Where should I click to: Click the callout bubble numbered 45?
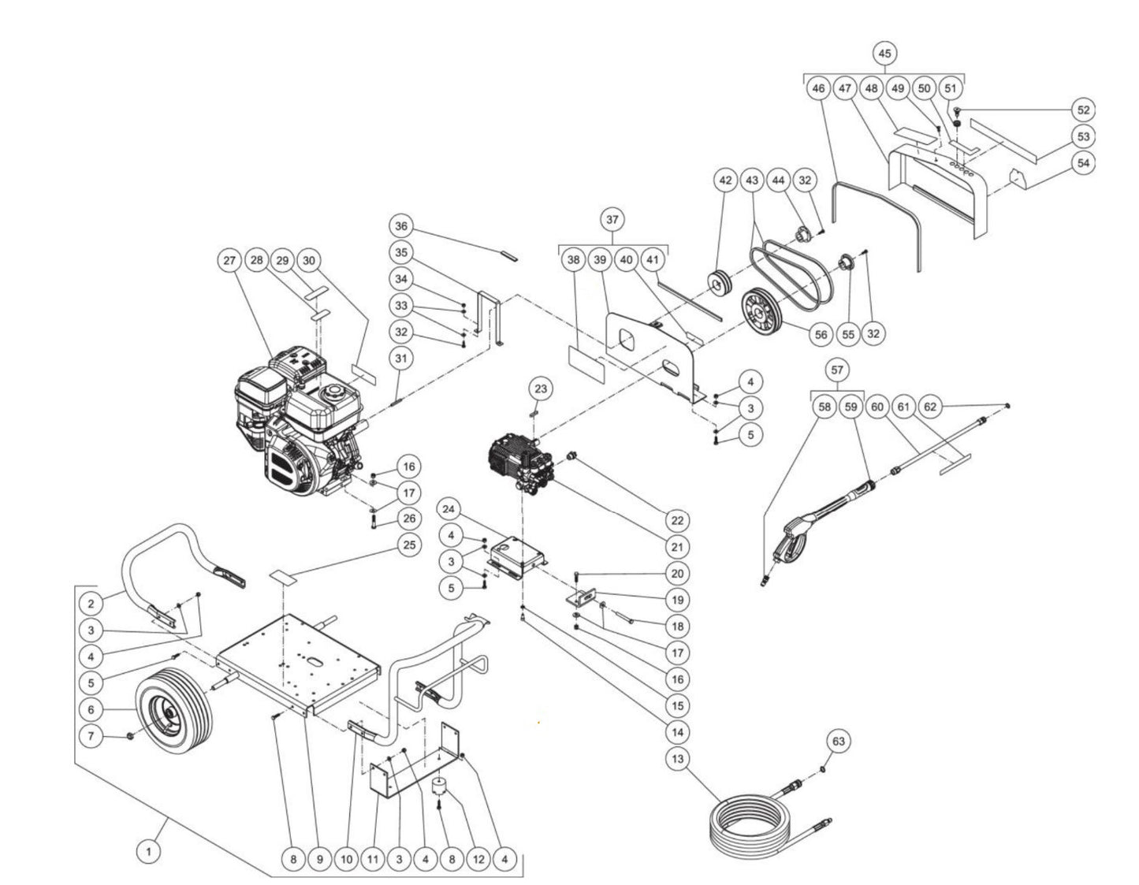884,53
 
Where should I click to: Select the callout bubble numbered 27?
229,261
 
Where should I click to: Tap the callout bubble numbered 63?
838,742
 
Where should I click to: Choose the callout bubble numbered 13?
676,760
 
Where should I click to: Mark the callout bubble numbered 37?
612,218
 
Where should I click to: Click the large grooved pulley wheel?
763,316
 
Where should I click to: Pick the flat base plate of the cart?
300,658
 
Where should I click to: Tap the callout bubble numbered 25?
408,545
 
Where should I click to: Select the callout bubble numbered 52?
1084,110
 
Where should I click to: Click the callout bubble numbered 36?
401,226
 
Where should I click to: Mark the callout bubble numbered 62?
931,407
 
